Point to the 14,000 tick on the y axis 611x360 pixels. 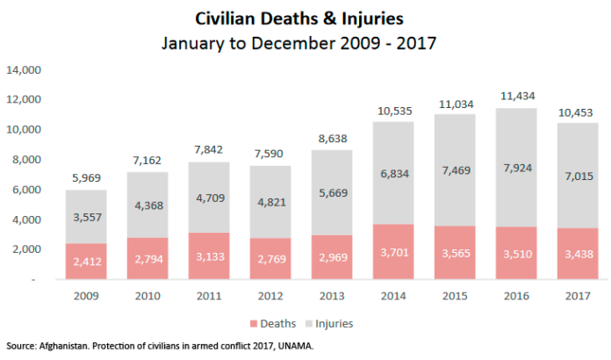click(25, 70)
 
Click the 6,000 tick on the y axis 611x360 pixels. click(28, 190)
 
